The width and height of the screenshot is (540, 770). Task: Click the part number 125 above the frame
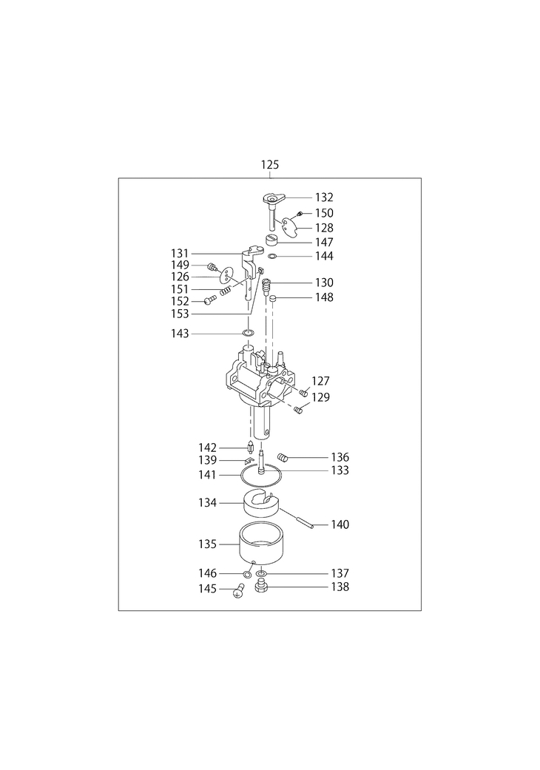pos(270,163)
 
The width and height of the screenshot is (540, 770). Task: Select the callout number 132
pos(324,197)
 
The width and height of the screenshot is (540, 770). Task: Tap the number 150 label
pos(324,213)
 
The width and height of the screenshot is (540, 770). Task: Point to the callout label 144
pos(324,256)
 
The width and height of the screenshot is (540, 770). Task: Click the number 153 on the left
pos(180,314)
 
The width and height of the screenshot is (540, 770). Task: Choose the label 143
pos(180,334)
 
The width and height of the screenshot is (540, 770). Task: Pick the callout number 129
pos(321,397)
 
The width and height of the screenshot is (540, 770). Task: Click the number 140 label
pos(340,524)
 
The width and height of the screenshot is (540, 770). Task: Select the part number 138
pos(340,587)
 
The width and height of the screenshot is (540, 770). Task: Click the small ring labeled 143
pos(249,334)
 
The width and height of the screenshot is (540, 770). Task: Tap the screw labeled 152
pos(209,300)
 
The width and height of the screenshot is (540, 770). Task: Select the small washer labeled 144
pos(274,256)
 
